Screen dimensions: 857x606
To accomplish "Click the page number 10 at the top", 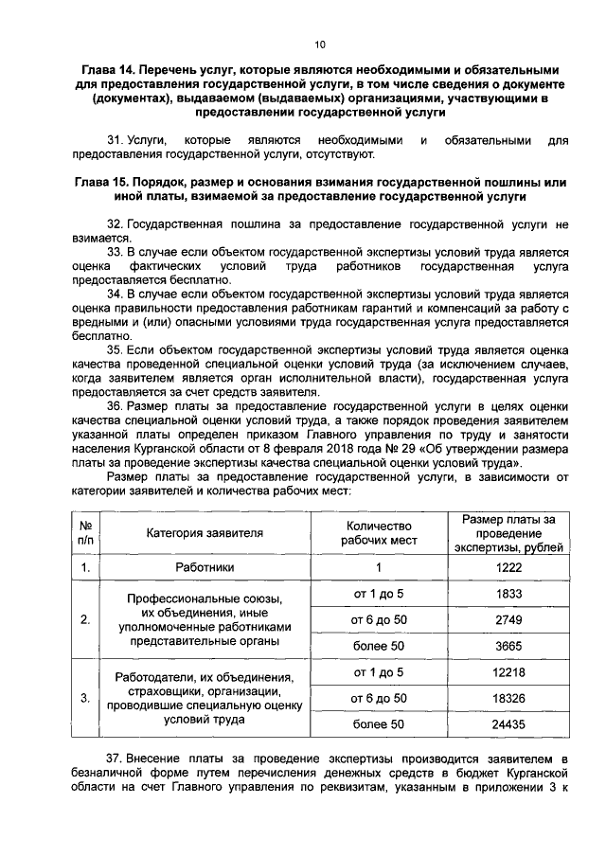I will [319, 45].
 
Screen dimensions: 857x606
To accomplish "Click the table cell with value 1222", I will [509, 567].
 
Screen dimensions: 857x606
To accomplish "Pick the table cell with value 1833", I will [509, 593].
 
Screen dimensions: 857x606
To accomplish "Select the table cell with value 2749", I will [509, 618].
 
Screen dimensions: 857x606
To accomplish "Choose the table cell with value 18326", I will [509, 698].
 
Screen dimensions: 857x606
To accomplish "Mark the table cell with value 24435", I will [509, 724].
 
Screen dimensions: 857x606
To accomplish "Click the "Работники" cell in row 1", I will [205, 567].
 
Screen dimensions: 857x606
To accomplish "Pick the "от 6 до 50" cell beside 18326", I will [378, 698].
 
